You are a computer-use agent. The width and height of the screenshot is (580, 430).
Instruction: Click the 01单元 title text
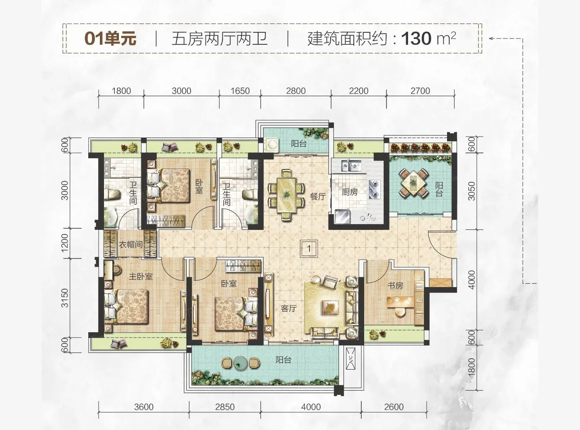(x=110, y=39)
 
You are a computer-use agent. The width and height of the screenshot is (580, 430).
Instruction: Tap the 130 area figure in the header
(x=416, y=39)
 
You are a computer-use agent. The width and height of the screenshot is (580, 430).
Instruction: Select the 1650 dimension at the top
(x=240, y=91)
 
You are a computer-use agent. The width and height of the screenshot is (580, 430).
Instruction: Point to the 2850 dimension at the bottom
(x=225, y=407)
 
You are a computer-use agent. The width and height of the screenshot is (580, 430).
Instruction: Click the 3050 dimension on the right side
(x=471, y=191)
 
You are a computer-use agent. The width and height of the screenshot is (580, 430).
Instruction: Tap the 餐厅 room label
(x=318, y=196)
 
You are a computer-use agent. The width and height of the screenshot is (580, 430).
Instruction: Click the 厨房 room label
(x=350, y=192)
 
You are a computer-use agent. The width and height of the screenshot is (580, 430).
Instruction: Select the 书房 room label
(x=395, y=285)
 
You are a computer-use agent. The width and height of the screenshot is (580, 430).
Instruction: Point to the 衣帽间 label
(x=131, y=244)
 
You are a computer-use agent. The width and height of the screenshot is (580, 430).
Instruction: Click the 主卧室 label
(x=141, y=276)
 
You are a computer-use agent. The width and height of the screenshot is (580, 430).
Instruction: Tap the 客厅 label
(x=289, y=309)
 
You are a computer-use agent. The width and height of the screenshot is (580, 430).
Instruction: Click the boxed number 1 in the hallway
(x=309, y=248)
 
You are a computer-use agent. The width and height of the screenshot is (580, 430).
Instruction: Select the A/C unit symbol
(x=350, y=358)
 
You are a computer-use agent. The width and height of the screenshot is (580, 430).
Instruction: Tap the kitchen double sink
(x=351, y=166)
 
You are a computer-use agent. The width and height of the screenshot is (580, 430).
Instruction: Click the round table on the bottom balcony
(x=240, y=363)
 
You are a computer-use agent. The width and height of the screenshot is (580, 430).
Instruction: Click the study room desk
(x=401, y=302)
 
